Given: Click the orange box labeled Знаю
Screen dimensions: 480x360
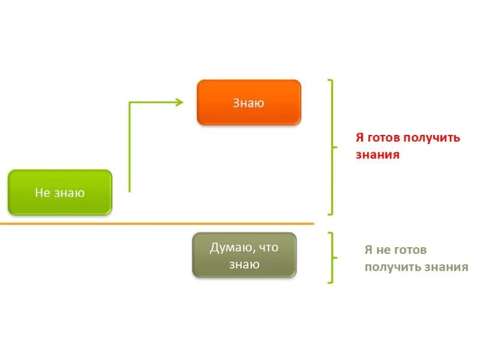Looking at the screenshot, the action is (248, 103).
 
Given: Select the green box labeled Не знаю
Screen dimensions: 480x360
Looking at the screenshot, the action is (60, 193).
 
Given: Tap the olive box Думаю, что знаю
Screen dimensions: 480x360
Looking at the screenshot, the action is (244, 255).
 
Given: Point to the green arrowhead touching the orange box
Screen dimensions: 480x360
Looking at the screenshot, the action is (179, 102).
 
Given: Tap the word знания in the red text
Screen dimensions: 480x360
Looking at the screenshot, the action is (377, 154).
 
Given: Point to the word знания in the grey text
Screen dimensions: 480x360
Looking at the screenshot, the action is (445, 267).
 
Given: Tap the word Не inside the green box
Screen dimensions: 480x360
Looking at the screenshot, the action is (42, 193).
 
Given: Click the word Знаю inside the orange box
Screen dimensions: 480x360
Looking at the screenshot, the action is (248, 103).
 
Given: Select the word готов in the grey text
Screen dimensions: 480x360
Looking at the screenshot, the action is (411, 250).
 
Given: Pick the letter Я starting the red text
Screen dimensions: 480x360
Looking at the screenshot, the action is (359, 137).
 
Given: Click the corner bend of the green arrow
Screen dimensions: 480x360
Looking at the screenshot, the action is (130, 103).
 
